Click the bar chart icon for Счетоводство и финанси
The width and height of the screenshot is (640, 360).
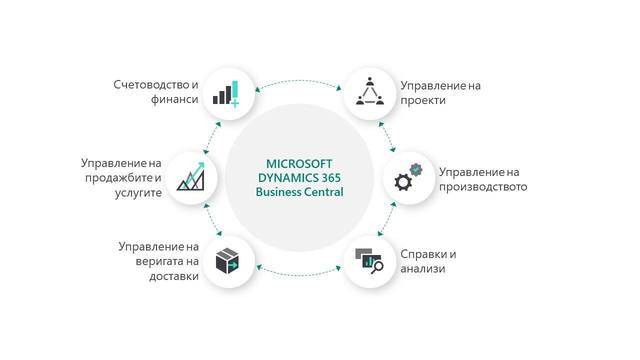point(225,93)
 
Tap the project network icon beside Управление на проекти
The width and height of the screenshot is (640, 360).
point(371,93)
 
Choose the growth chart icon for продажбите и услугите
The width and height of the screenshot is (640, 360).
point(191,177)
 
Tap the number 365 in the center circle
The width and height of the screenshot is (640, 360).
point(328,177)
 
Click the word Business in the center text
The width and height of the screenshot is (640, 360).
point(277,192)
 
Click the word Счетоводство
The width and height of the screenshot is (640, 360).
point(148,84)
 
